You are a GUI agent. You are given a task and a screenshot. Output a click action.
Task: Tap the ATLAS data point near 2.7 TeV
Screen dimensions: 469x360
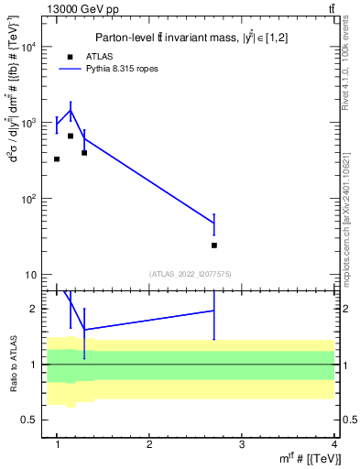point(214,245)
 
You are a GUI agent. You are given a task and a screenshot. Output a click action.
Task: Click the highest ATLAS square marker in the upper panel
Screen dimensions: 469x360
point(71,136)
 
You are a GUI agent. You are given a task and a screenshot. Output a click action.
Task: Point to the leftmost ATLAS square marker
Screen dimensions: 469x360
point(57,158)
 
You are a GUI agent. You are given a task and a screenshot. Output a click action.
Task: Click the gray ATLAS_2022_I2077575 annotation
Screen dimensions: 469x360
point(191,274)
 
